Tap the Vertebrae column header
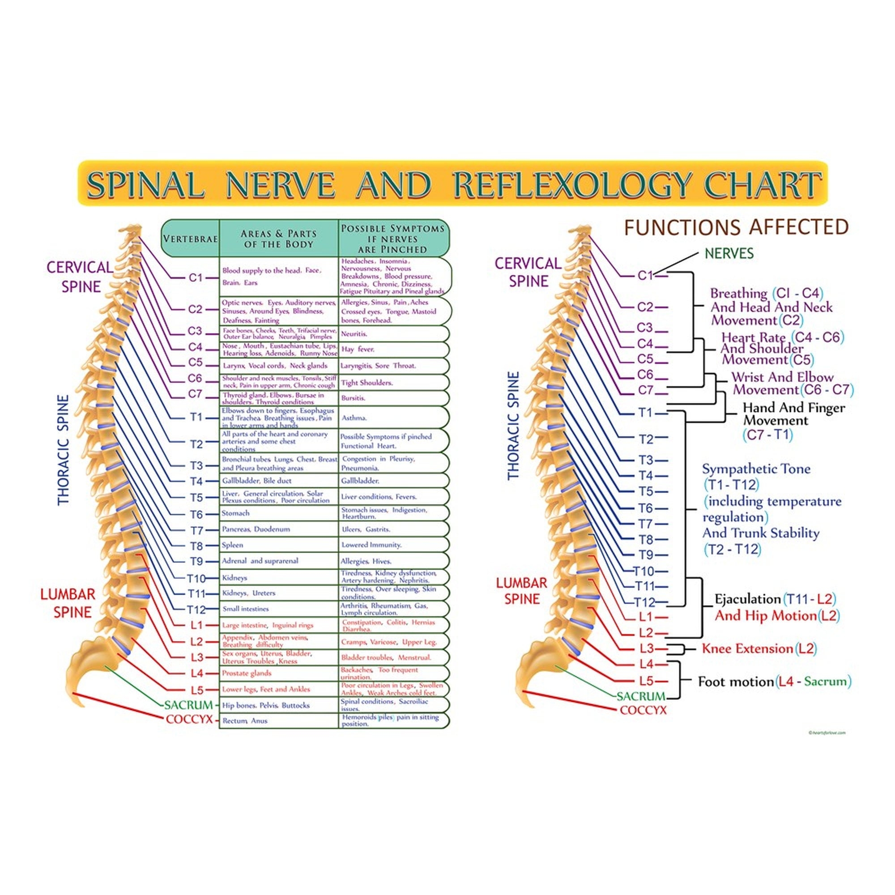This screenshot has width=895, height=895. click(190, 239)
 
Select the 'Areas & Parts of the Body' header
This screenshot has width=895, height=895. click(278, 239)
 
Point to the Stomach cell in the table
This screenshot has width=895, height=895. click(236, 513)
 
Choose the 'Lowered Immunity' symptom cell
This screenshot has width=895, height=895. click(371, 545)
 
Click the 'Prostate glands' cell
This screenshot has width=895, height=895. click(247, 673)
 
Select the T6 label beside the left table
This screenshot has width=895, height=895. click(196, 514)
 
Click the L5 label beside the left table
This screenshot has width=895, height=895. click(197, 690)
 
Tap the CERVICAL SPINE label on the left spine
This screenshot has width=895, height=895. click(80, 277)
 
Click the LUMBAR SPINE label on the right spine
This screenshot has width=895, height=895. click(522, 591)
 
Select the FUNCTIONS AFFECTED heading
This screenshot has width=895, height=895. click(737, 227)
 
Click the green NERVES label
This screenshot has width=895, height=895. click(729, 253)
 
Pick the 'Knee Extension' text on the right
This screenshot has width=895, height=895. click(747, 648)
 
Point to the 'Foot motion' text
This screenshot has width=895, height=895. click(736, 682)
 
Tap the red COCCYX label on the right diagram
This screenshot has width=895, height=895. click(643, 710)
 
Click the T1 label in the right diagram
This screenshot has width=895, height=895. click(645, 412)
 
